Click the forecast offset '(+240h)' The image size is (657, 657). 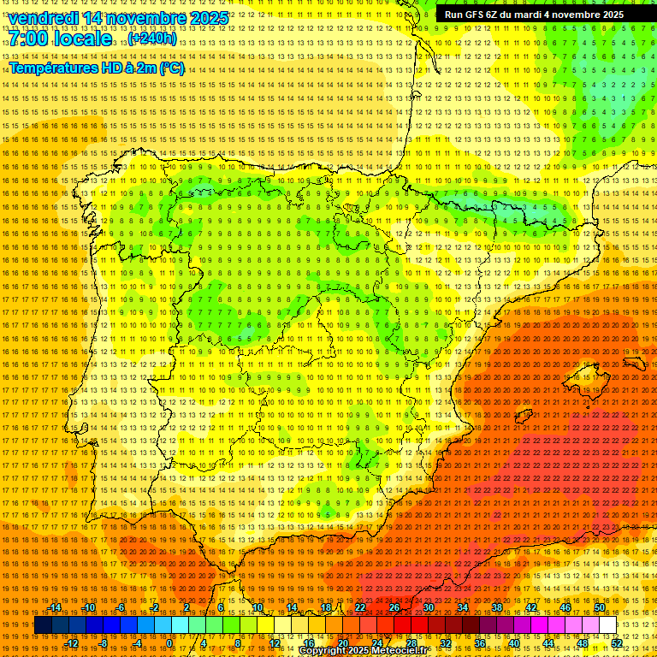(x=152, y=38)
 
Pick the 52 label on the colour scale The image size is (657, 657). (x=616, y=643)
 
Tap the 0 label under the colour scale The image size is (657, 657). (x=170, y=643)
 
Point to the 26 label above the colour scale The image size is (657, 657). (x=394, y=607)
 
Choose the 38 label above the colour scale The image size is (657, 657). (x=496, y=607)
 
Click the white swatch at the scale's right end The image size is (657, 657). (x=607, y=625)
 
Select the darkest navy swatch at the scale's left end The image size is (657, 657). (x=43, y=625)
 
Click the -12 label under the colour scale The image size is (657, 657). (x=72, y=643)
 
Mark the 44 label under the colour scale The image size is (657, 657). (x=547, y=643)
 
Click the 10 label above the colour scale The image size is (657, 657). (x=257, y=607)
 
